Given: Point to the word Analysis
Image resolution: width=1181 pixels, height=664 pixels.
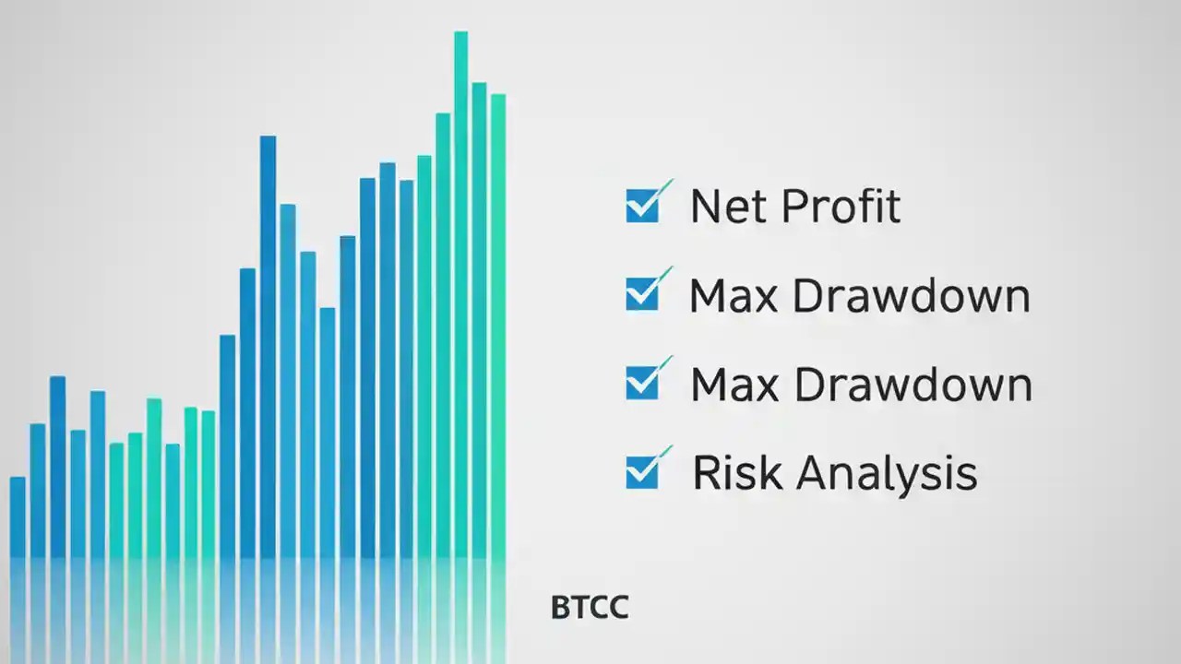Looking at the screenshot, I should point(887,473).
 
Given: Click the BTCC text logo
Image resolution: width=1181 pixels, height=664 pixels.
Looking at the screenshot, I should point(590,608).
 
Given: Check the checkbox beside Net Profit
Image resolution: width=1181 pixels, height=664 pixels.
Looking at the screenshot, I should point(642,206).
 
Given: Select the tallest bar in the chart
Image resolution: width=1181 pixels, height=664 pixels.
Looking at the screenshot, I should point(460,295).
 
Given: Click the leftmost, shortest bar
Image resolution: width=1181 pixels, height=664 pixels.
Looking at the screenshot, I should point(18,516).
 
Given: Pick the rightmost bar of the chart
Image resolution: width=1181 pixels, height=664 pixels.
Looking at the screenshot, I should point(498,323).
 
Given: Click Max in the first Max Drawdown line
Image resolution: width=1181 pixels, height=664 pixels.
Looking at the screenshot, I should point(733,295).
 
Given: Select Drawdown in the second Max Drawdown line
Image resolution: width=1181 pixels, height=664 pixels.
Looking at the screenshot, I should point(913,384).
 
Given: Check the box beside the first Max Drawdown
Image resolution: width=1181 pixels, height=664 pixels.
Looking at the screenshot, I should point(642,294).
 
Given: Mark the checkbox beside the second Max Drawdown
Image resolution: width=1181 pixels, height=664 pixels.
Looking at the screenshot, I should point(642,383).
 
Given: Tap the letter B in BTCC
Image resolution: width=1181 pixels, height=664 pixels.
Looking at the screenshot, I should point(559,608).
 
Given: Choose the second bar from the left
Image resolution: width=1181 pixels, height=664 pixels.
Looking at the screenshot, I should point(38,489).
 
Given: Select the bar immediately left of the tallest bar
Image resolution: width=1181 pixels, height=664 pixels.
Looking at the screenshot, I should point(443,332).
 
